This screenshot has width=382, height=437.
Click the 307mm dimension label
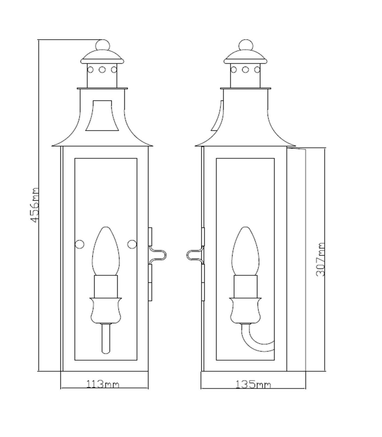pos(320,259)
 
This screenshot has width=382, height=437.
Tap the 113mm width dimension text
pos(103,384)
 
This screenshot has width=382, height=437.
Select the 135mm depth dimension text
pos(253,385)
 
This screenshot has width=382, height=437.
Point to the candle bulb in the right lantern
pos(245,251)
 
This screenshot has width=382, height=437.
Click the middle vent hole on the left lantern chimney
pos(102,70)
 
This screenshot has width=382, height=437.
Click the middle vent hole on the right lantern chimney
pos(245,70)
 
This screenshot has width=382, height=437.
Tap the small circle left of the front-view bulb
pos(80,244)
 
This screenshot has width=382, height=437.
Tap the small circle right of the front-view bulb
pos(132,244)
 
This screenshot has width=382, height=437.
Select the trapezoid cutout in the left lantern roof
pos(102,116)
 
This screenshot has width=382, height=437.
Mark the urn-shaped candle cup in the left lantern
pos(106,310)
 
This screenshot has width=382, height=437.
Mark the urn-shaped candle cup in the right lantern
pos(245,310)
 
